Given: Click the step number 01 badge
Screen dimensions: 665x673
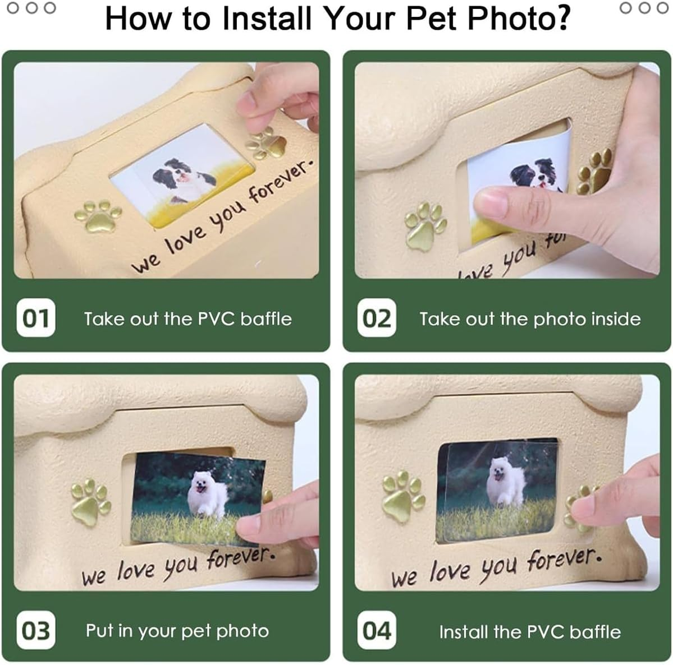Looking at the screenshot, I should tap(36, 318).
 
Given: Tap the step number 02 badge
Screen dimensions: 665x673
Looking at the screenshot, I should tap(377, 318).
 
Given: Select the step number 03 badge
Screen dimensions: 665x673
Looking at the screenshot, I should tap(36, 630).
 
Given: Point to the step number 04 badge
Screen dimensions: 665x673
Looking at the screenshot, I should tap(377, 631).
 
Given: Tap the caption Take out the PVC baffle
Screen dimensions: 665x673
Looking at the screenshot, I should tap(187, 319).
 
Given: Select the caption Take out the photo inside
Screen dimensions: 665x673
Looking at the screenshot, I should tap(529, 319).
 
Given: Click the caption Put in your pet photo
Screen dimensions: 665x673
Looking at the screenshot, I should tap(177, 631).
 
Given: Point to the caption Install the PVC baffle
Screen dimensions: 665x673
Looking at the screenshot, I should tap(529, 632).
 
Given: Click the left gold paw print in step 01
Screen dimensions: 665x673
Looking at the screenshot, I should tap(98, 215).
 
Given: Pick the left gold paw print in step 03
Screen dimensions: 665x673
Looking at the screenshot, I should tap(90, 501).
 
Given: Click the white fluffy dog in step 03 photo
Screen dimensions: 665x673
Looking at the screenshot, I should tap(208, 494).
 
